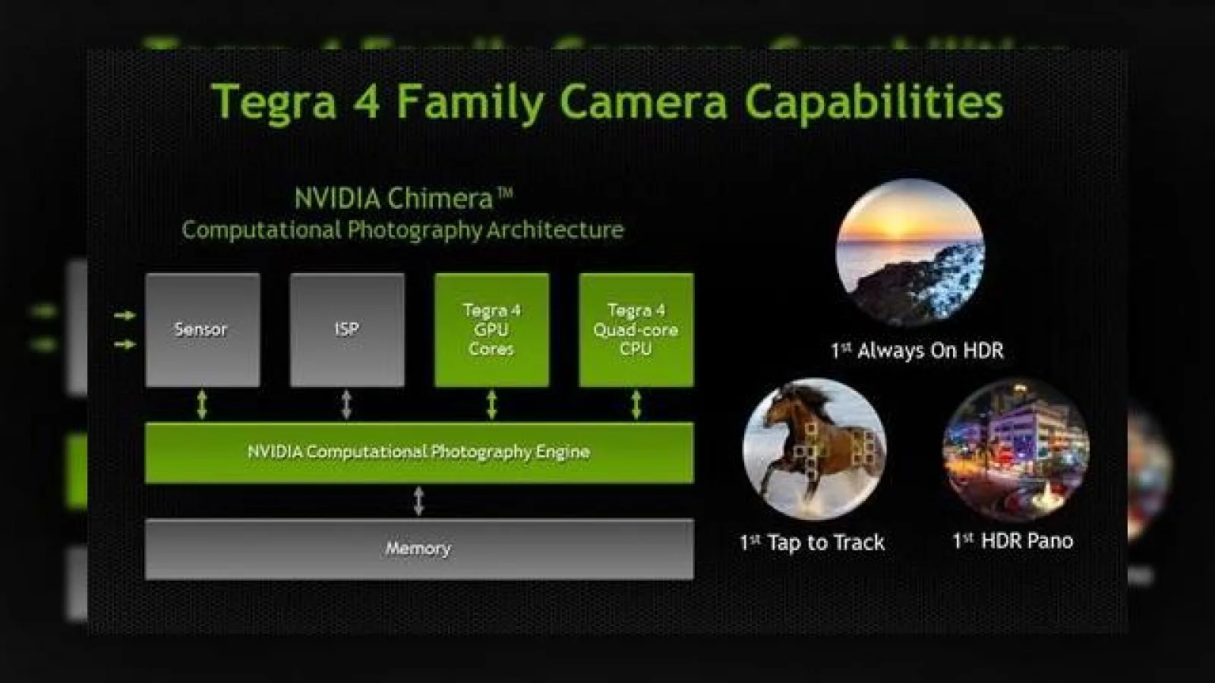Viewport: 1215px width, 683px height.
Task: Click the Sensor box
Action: point(203,329)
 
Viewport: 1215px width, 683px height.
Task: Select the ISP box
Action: point(347,329)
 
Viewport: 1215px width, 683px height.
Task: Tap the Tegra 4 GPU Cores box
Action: point(492,329)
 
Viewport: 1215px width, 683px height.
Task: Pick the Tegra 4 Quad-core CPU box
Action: point(636,329)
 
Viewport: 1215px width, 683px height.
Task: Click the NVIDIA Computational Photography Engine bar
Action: point(419,452)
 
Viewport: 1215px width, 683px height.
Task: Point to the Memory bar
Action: point(419,549)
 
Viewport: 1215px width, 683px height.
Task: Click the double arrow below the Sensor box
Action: point(202,405)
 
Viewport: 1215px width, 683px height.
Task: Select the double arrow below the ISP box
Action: point(346,405)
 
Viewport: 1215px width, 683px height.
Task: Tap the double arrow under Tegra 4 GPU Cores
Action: point(492,405)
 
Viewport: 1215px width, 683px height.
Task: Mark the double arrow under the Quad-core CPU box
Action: point(636,405)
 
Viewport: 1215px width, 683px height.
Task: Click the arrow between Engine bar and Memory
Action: point(418,501)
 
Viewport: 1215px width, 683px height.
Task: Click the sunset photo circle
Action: point(910,253)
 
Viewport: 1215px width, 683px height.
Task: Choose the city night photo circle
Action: point(1015,450)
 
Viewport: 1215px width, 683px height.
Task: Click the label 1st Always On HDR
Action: point(917,351)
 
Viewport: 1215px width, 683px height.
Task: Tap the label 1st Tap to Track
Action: point(813,543)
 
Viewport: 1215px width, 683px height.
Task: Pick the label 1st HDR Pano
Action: point(1013,541)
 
